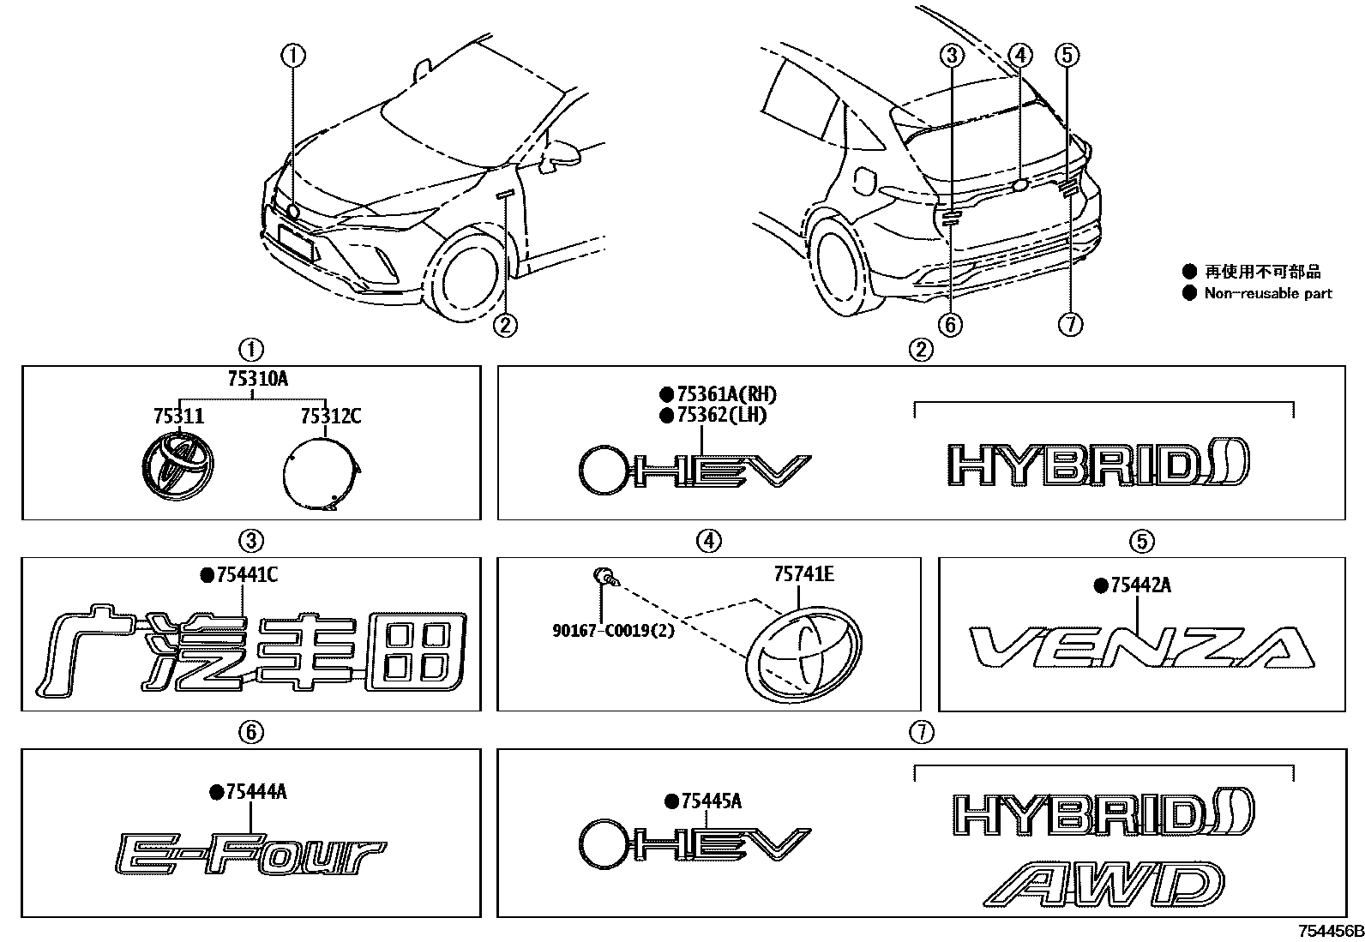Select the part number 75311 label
tap(178, 417)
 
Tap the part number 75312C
tap(330, 417)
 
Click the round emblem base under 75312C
tap(321, 474)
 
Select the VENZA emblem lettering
tap(1141, 647)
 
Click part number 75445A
tap(711, 801)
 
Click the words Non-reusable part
tap(1268, 293)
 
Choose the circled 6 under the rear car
tap(951, 324)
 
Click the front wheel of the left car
tap(467, 272)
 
